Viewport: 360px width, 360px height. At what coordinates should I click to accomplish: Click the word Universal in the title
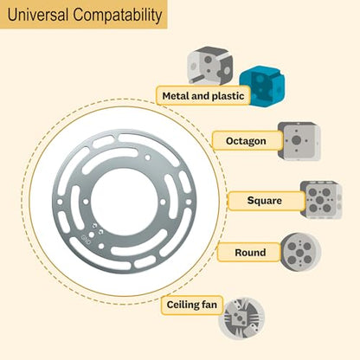tap(38, 15)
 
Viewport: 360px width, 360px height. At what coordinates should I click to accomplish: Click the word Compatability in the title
tap(118, 16)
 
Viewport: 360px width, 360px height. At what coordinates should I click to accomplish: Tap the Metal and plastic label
tap(203, 95)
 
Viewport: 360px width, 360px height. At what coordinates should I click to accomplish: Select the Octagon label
tap(247, 141)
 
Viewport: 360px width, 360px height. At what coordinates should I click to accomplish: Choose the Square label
tap(266, 201)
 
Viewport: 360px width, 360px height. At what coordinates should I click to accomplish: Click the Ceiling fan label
tap(192, 305)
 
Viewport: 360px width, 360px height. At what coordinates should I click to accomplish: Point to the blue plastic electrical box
tap(262, 87)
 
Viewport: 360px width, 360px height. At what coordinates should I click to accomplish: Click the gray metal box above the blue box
tap(210, 66)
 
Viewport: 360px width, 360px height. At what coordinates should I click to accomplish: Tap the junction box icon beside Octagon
tap(299, 141)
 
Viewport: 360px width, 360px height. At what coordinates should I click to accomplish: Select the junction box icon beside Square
tap(321, 200)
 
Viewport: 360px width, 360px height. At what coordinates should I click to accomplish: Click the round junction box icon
tap(300, 252)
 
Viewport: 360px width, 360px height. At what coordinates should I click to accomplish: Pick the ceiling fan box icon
tap(241, 318)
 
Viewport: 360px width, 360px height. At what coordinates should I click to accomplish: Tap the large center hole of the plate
tap(125, 202)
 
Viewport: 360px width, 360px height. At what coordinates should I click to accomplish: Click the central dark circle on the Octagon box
tap(296, 140)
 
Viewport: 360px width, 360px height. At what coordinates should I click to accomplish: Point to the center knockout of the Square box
tap(319, 200)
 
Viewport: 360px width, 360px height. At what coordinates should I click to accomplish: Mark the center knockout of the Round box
tap(300, 253)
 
